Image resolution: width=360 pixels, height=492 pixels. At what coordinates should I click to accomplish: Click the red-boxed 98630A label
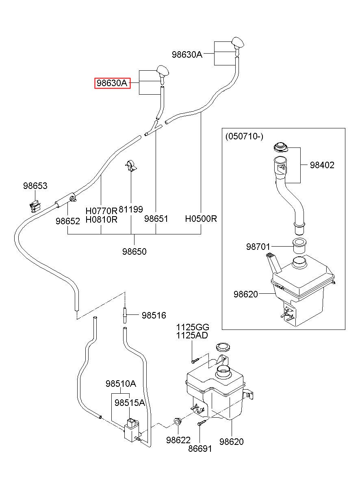112,83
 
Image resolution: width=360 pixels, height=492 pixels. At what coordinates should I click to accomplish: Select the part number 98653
35,186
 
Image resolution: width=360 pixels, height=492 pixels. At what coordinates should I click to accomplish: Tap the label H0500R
201,219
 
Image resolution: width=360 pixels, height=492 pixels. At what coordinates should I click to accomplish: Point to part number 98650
134,251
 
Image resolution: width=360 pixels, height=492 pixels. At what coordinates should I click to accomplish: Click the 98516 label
154,315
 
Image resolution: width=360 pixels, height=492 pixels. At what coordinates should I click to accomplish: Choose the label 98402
322,165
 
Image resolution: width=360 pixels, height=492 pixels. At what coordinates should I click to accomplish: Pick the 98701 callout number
258,247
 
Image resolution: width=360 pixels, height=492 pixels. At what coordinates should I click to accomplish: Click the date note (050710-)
244,137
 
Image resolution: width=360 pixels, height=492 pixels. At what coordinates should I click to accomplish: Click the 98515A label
130,403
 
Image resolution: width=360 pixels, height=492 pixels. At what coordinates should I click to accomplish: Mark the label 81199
131,209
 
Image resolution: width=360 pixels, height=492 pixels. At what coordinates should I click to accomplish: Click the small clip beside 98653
35,206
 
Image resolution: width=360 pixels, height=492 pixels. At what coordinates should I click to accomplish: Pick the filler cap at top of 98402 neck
280,147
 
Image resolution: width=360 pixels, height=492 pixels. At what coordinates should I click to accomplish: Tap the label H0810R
101,219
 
